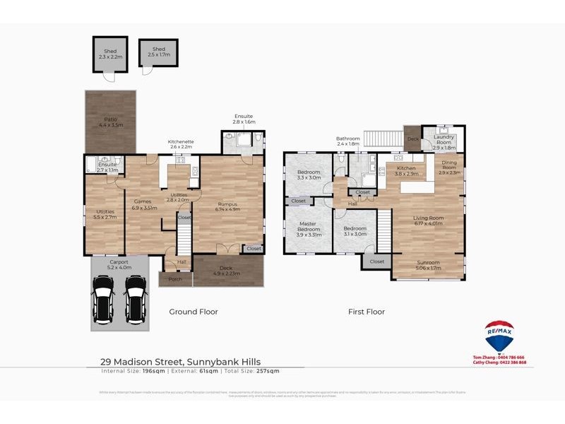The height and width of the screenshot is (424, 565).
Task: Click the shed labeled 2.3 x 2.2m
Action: pos(110,54)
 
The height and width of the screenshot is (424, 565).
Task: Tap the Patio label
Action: pos(110,122)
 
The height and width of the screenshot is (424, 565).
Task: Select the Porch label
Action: pos(175,279)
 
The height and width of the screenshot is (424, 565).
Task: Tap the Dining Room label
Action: pos(449,166)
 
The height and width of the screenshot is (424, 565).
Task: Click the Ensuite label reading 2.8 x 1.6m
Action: pos(244,119)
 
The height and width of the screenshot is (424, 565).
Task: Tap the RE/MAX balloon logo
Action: pos(499,337)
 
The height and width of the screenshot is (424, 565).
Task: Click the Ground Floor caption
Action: pos(194,312)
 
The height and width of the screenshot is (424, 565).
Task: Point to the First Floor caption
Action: pos(366,312)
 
